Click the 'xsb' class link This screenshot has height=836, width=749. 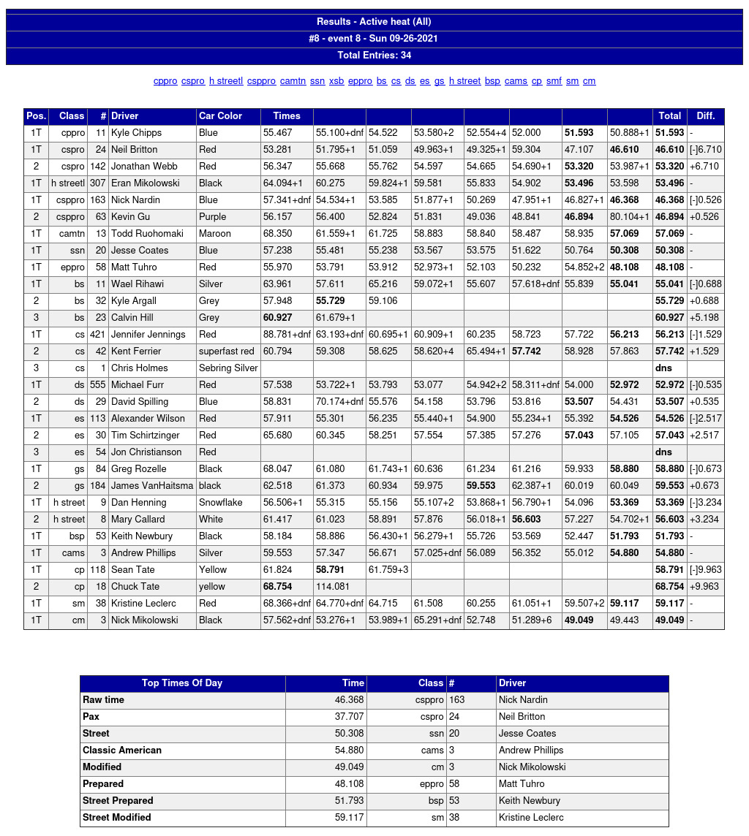point(336,81)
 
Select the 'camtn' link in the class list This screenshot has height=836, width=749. point(293,81)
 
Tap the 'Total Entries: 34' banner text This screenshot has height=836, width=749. point(374,56)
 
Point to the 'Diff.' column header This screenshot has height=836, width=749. point(705,116)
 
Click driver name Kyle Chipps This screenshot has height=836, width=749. point(137,133)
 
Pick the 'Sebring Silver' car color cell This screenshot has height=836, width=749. point(228,368)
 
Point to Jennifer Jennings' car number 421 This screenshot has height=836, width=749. point(98,335)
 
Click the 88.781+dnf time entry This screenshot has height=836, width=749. point(287,335)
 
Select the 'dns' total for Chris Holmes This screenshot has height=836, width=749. point(663,368)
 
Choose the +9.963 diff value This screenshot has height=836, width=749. point(704,587)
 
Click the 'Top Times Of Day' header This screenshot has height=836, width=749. point(182,683)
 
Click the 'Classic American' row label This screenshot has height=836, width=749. point(122,750)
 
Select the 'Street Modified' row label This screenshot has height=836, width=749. point(117,818)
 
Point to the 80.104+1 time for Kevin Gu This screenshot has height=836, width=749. point(629,217)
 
